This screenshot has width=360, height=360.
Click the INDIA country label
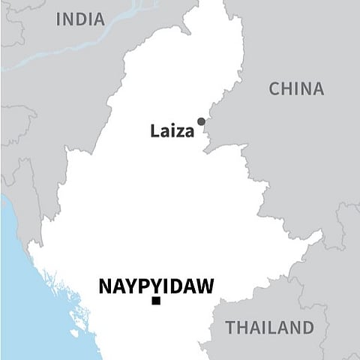click(x=80, y=19)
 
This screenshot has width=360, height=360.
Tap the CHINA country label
click(x=296, y=88)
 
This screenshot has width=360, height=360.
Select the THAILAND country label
click(x=270, y=327)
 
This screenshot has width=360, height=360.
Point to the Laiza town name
click(x=172, y=132)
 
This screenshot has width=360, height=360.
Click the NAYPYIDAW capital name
click(x=156, y=286)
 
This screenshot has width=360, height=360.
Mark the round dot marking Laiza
click(x=201, y=121)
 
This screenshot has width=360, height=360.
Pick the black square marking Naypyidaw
click(x=156, y=301)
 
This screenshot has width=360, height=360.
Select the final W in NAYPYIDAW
click(x=205, y=286)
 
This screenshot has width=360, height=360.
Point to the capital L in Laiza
click(x=154, y=132)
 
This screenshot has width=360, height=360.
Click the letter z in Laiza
click(x=180, y=133)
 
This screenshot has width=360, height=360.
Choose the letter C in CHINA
click(x=275, y=88)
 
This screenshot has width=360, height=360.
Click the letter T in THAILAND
click(x=230, y=327)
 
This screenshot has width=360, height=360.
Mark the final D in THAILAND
click(x=307, y=327)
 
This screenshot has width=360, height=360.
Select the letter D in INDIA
click(x=84, y=19)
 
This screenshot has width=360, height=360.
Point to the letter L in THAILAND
click(x=268, y=327)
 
